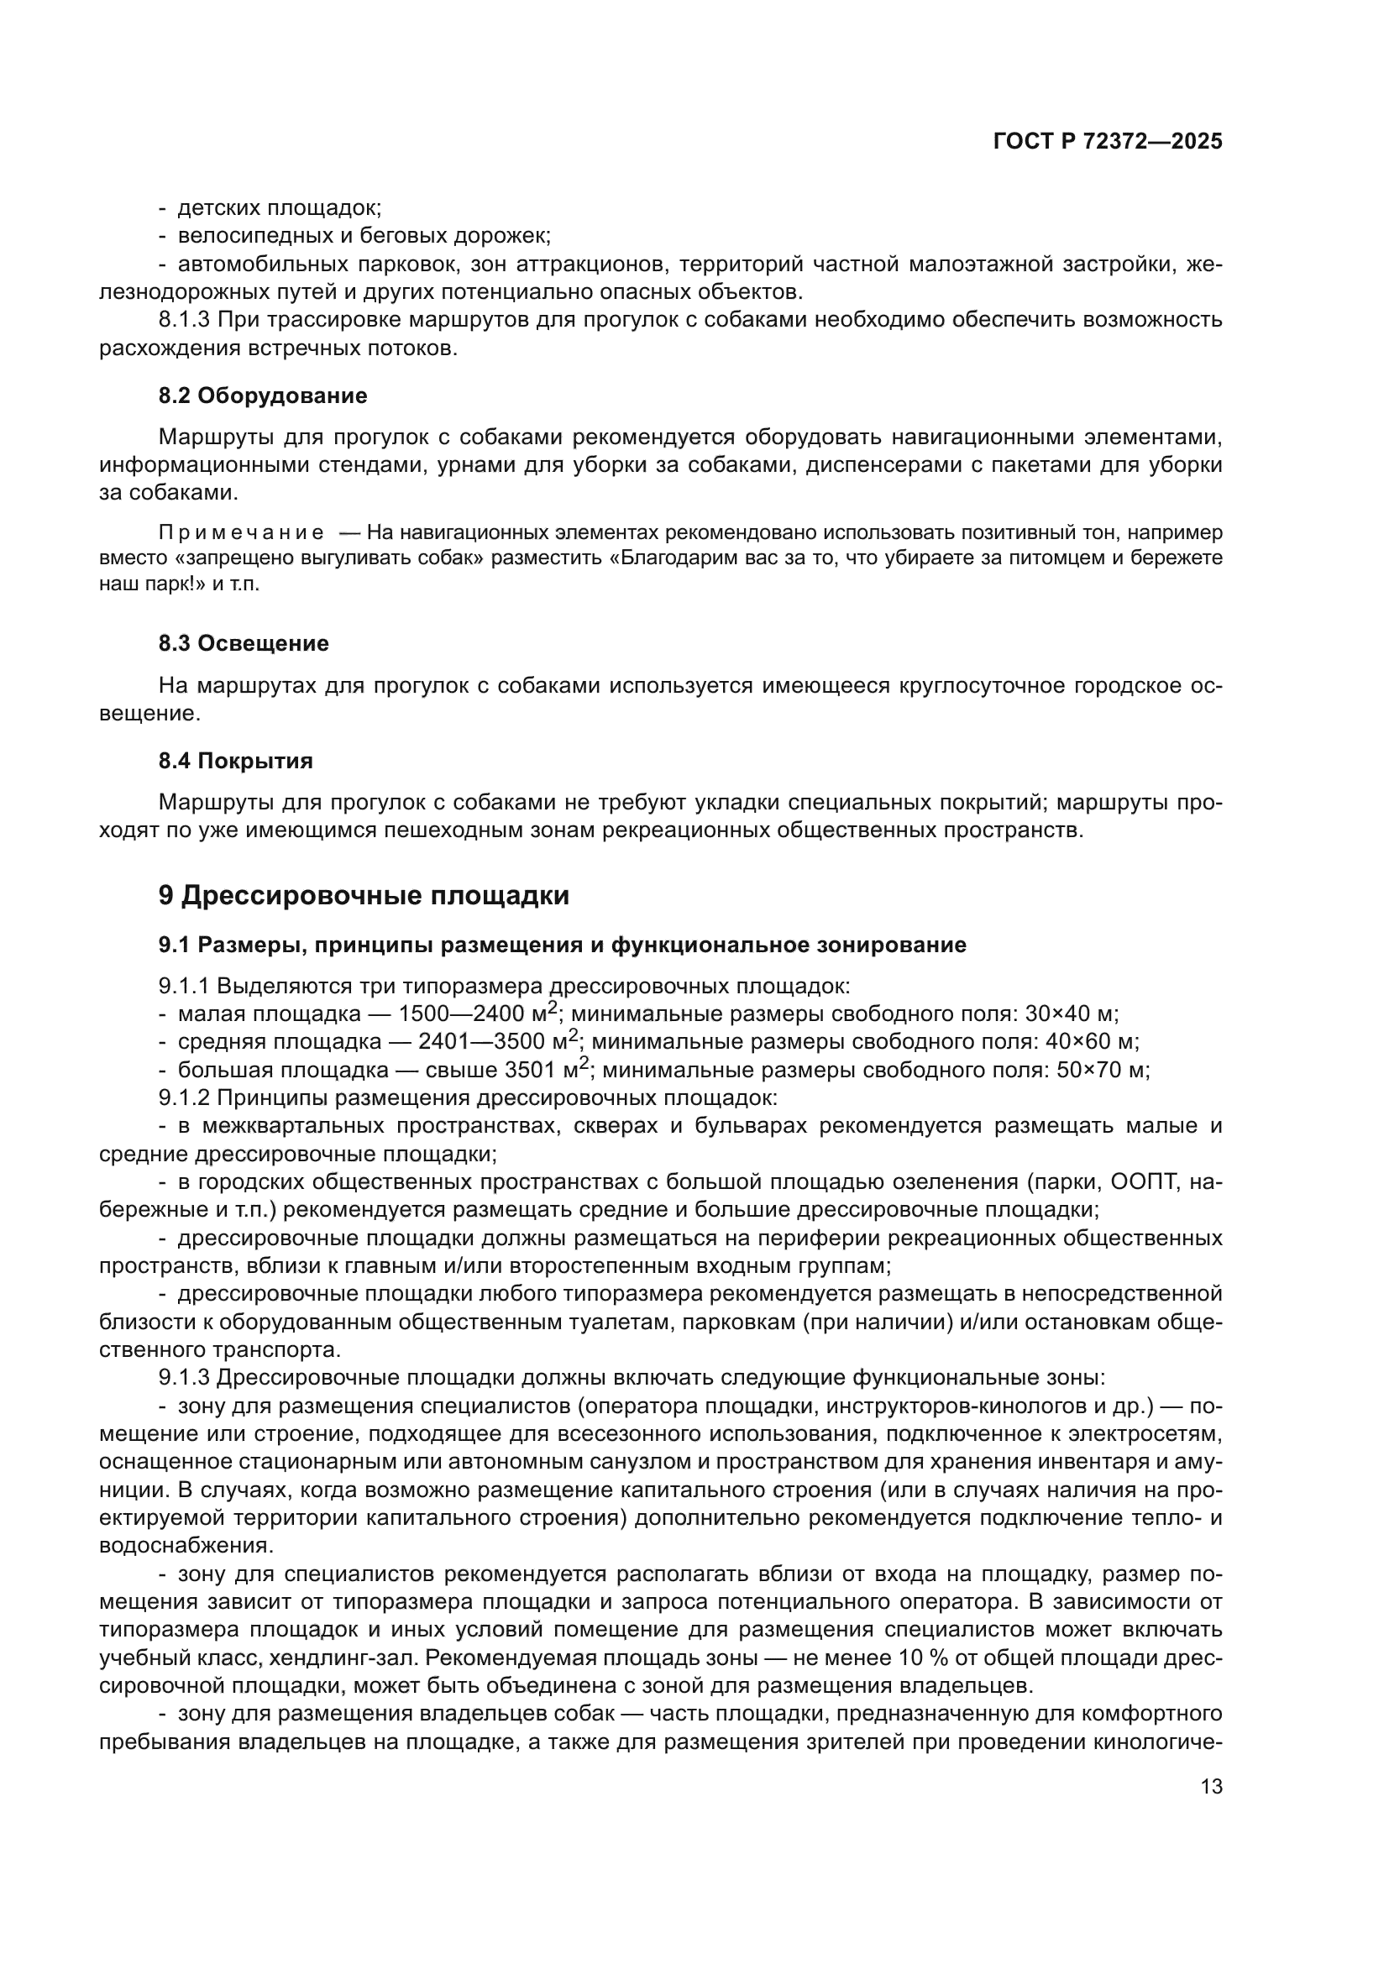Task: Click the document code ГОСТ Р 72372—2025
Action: coord(1108,142)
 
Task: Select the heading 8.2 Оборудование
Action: coord(263,395)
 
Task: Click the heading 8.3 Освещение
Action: coord(244,643)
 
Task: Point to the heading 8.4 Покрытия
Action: coord(235,761)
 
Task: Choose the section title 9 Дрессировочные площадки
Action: coord(364,896)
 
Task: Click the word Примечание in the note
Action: coord(241,533)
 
